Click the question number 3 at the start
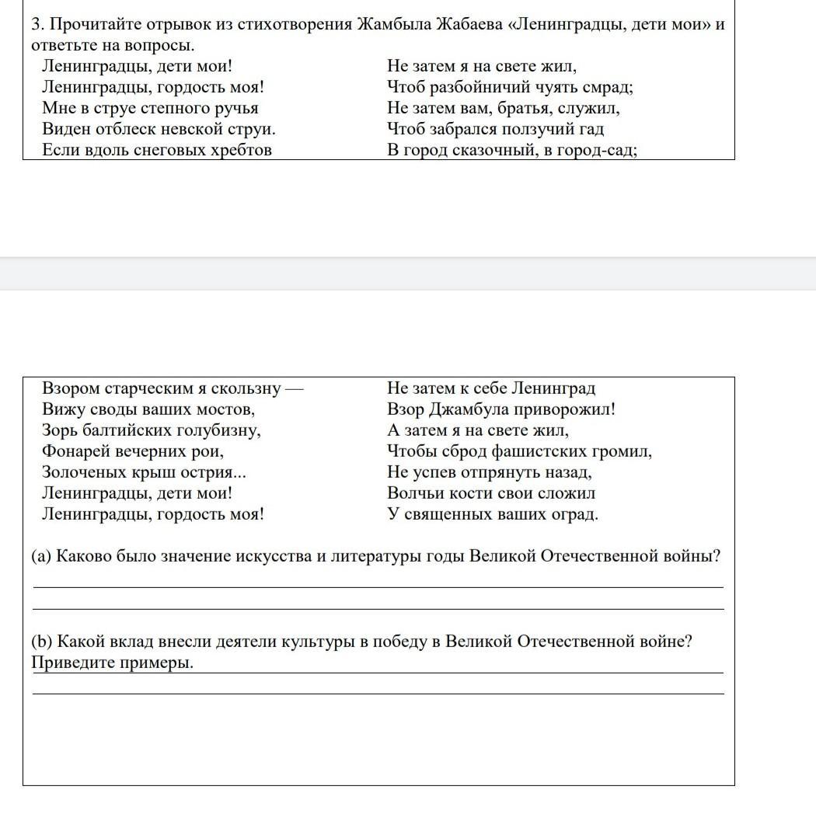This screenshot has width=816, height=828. point(36,24)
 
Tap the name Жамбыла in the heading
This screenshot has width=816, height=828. point(394,24)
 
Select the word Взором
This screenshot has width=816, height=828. point(70,388)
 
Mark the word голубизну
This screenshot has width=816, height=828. point(221,430)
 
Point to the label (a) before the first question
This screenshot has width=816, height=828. point(41,556)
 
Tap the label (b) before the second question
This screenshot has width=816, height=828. point(41,642)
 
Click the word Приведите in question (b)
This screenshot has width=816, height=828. point(71,663)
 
